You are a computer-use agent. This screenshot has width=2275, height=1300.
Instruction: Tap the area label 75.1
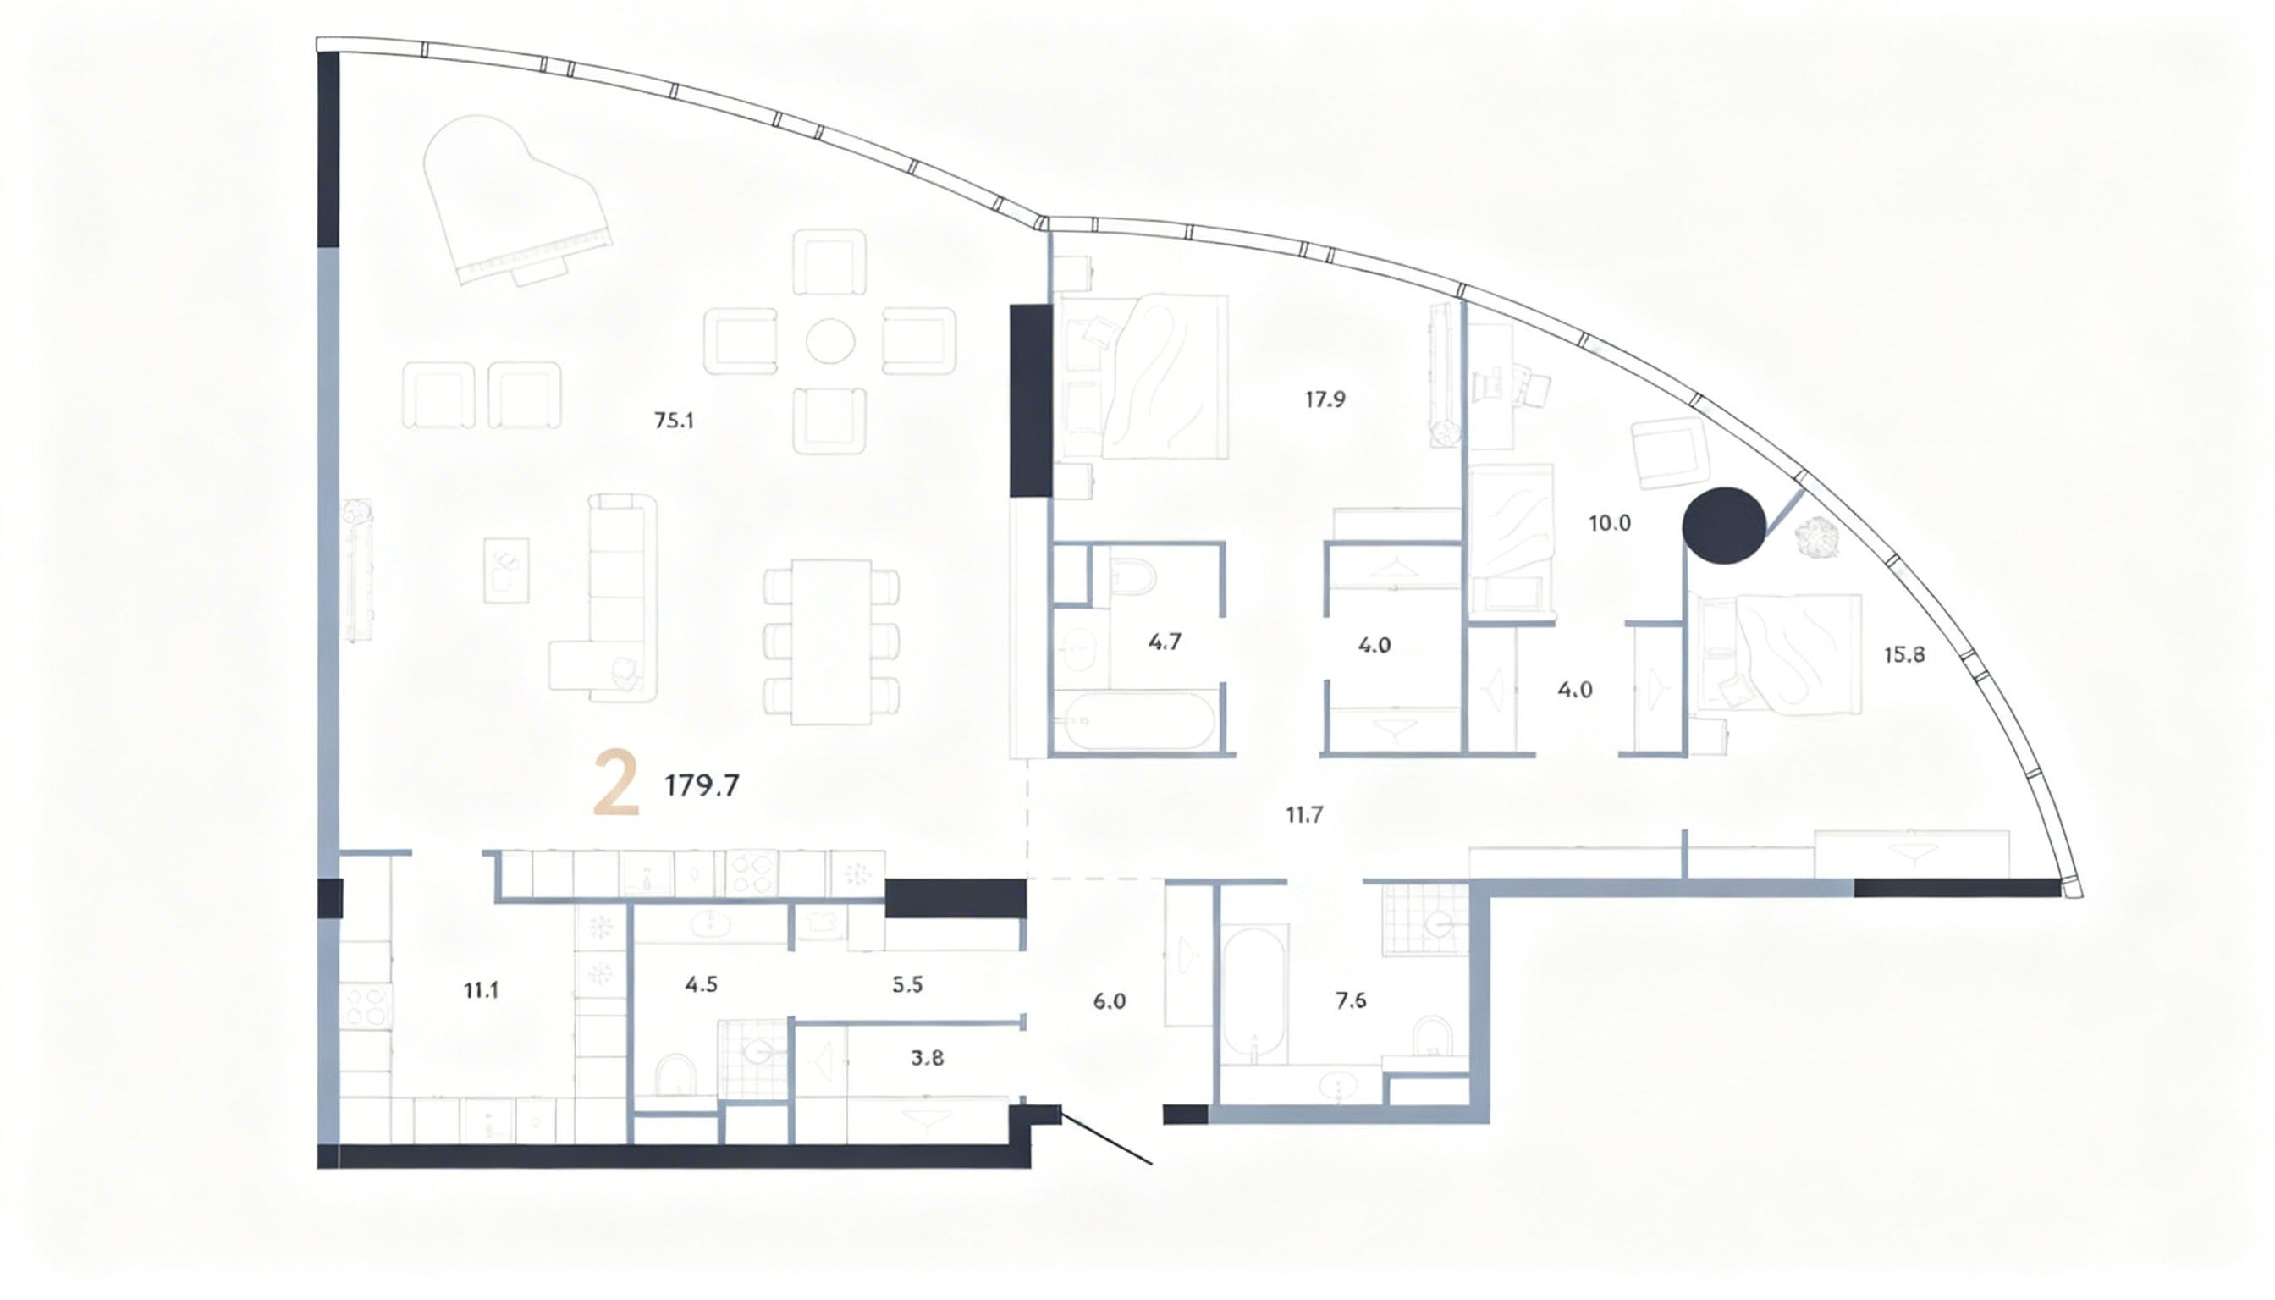coord(674,421)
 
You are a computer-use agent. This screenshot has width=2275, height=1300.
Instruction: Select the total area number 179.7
coord(702,785)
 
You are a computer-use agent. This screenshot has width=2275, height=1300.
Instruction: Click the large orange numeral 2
coord(616,783)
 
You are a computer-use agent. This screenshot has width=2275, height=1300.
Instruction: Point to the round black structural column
coord(1723,525)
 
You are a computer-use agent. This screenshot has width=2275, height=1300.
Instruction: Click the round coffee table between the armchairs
coord(830,341)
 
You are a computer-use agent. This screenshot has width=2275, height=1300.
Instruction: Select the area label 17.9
coord(1325,400)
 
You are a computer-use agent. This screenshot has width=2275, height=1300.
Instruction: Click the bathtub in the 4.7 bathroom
coord(1132,720)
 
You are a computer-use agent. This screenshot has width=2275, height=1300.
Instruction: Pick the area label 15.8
coord(1904,655)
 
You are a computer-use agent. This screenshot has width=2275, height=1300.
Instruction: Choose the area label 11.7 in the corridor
coord(1304,814)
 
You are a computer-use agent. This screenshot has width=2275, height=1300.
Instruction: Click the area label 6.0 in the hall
coord(1109,1002)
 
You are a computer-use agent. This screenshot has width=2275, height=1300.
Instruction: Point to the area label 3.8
coord(928,1059)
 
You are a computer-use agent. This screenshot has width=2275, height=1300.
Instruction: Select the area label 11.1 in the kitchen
coord(482,990)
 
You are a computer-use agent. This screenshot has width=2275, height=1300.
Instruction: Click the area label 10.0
coord(1610,524)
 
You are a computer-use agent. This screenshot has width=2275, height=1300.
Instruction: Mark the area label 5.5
coord(907,986)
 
